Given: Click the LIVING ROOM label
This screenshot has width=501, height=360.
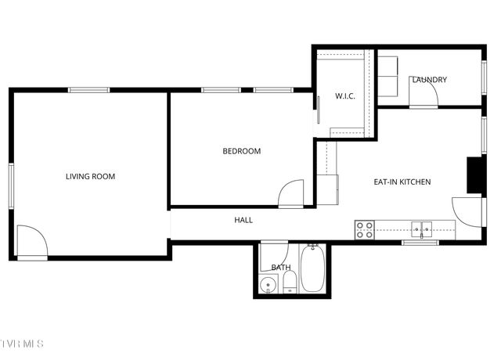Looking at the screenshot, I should click(90, 177).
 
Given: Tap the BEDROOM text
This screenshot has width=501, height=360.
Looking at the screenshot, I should click(241, 151).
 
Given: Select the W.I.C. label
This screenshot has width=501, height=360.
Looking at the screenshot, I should click(346, 97).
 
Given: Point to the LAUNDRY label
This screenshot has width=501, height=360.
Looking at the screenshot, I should click(429, 80).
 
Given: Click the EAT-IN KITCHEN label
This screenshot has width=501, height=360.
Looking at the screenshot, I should click(402, 182).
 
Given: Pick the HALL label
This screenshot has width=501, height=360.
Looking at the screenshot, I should click(243, 221).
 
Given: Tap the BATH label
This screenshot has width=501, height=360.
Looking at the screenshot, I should click(280, 268).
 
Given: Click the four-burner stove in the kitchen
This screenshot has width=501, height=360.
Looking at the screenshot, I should click(364, 229).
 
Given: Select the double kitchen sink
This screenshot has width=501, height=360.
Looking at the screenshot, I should click(422, 229).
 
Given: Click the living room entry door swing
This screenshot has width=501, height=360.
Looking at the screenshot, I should click(31, 240).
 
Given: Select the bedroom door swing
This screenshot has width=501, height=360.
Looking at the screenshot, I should click(292, 193).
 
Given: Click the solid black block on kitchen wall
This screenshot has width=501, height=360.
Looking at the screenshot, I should click(474, 175).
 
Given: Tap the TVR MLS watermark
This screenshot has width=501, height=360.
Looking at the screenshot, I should click(22, 344).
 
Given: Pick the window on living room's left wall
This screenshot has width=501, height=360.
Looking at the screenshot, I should click(11, 185).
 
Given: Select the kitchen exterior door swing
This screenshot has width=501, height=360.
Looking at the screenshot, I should click(467, 208).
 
